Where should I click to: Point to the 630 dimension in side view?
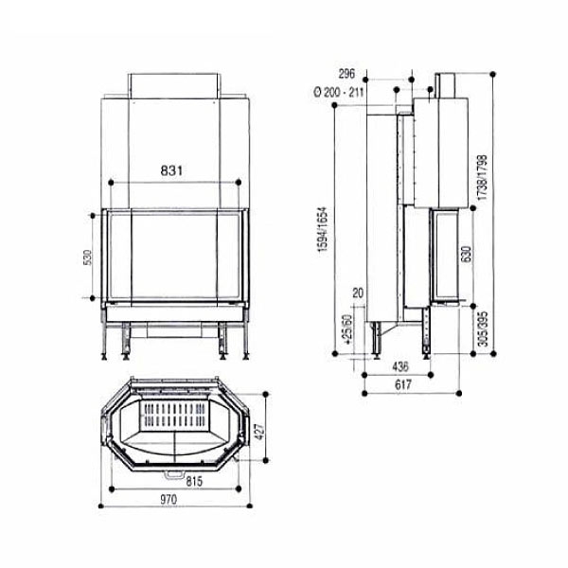pyautogui.click(x=465, y=255)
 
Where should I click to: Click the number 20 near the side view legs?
pyautogui.click(x=356, y=294)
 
